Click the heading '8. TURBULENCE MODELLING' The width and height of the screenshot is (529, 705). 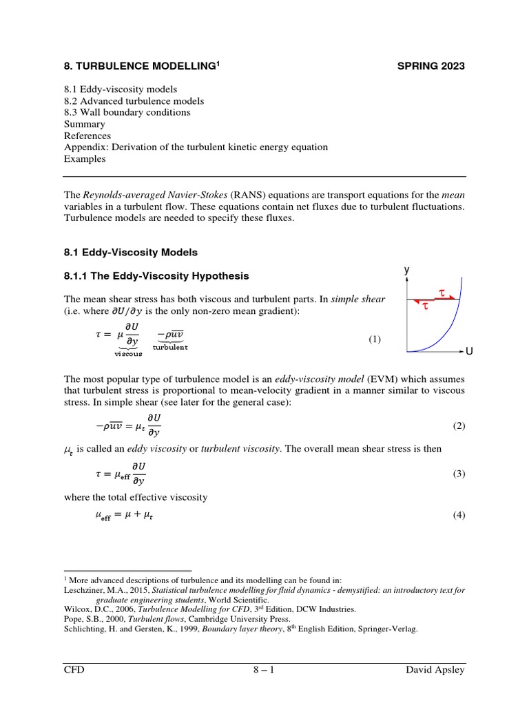pyautogui.click(x=141, y=66)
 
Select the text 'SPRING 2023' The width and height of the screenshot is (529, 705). pyautogui.click(x=431, y=66)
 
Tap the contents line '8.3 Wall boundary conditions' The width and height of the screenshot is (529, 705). pyautogui.click(x=127, y=112)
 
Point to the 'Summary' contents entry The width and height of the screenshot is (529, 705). pyautogui.click(x=84, y=124)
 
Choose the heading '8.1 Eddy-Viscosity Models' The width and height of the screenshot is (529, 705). pyautogui.click(x=130, y=253)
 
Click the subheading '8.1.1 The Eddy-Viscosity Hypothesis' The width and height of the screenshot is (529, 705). pyautogui.click(x=156, y=276)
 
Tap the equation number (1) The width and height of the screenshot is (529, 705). pyautogui.click(x=374, y=339)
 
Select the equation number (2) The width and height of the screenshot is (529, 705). pyautogui.click(x=459, y=425)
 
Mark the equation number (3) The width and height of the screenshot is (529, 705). pyautogui.click(x=459, y=474)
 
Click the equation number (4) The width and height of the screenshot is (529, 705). pyautogui.click(x=459, y=516)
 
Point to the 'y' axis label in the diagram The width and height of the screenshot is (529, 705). pyautogui.click(x=407, y=271)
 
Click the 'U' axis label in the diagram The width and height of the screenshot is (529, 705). pyautogui.click(x=469, y=352)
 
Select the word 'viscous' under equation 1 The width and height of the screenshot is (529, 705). pyautogui.click(x=128, y=354)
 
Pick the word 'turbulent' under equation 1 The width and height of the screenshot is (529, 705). pyautogui.click(x=170, y=348)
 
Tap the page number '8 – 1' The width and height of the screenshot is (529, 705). pyautogui.click(x=264, y=670)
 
